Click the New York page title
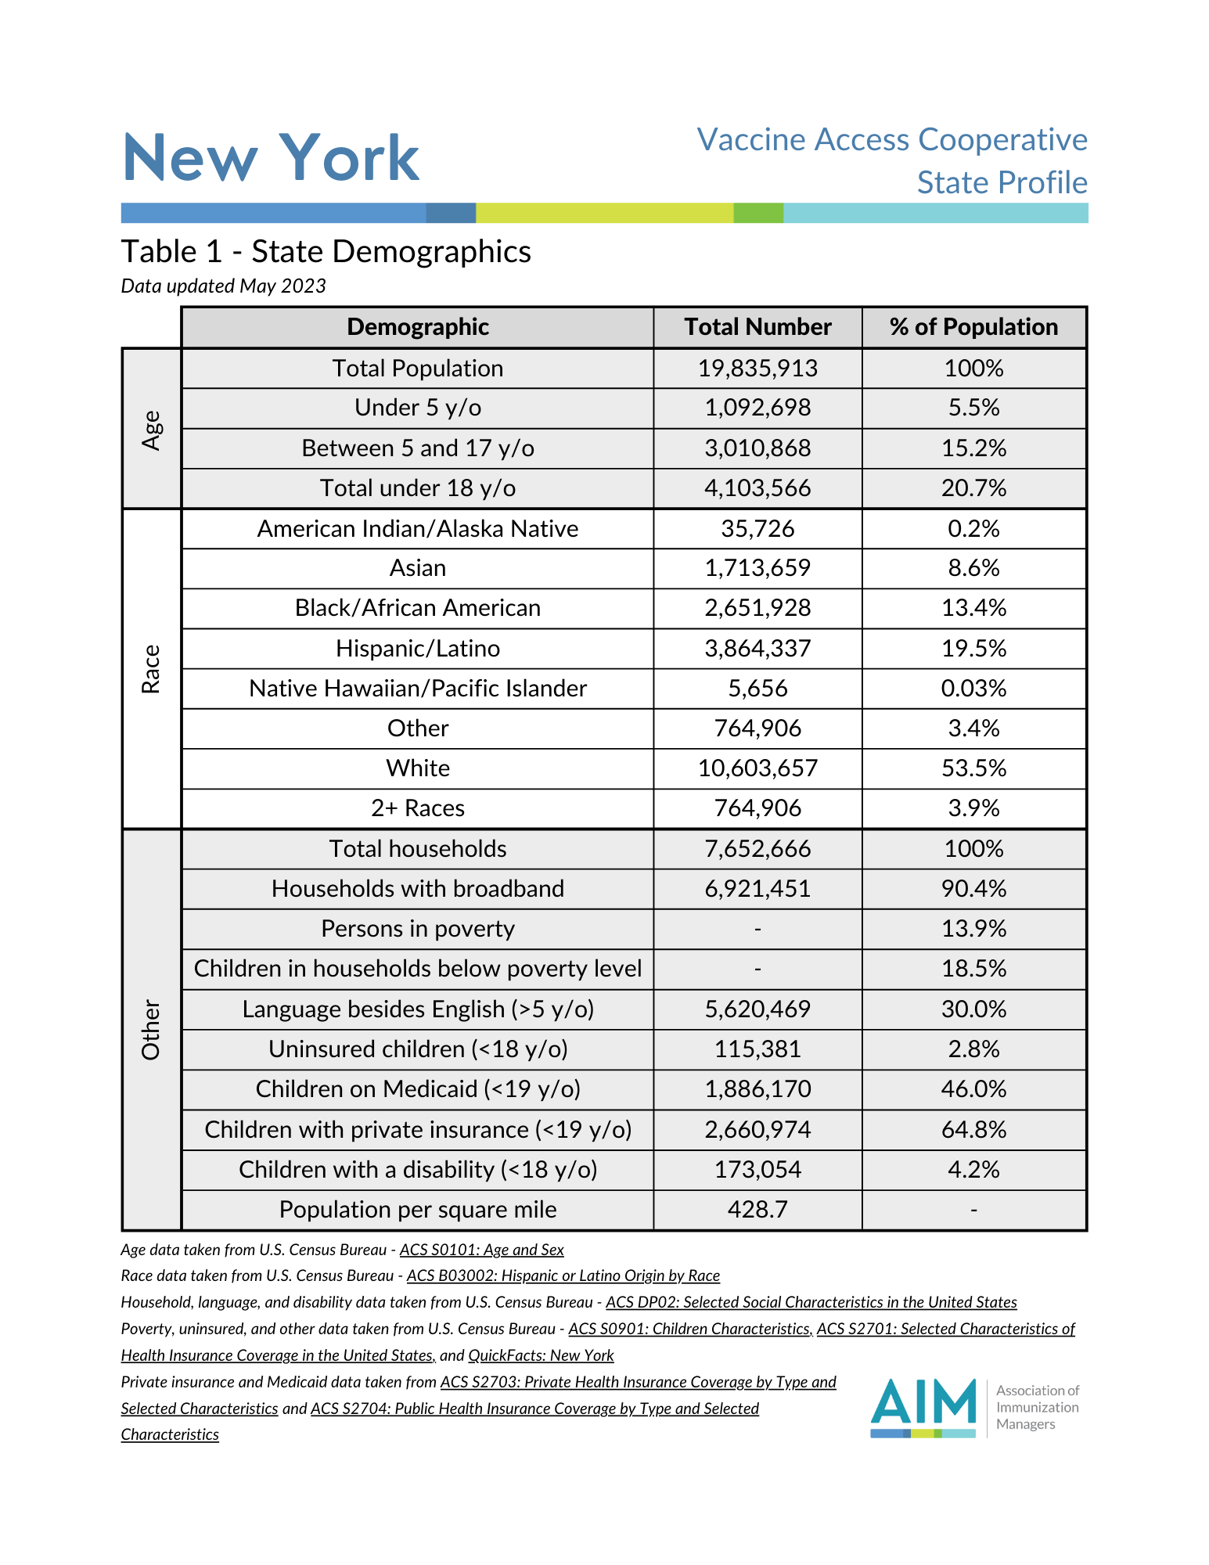[271, 158]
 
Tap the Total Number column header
[757, 327]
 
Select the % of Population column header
[973, 327]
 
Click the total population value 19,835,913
[757, 369]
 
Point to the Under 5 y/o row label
[418, 408]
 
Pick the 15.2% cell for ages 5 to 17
[973, 448]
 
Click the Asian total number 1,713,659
[757, 568]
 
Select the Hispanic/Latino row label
[418, 649]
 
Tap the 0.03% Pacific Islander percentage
[973, 689]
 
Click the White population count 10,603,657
[757, 768]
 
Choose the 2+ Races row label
[418, 808]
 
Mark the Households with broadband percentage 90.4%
[973, 889]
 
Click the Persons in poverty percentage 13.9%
[973, 929]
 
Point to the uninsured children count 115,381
[757, 1049]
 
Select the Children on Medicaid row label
[418, 1089]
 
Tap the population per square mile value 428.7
[757, 1210]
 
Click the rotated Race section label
[151, 669]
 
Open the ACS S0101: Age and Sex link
[481, 1250]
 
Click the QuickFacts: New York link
[541, 1355]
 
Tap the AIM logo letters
[923, 1402]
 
